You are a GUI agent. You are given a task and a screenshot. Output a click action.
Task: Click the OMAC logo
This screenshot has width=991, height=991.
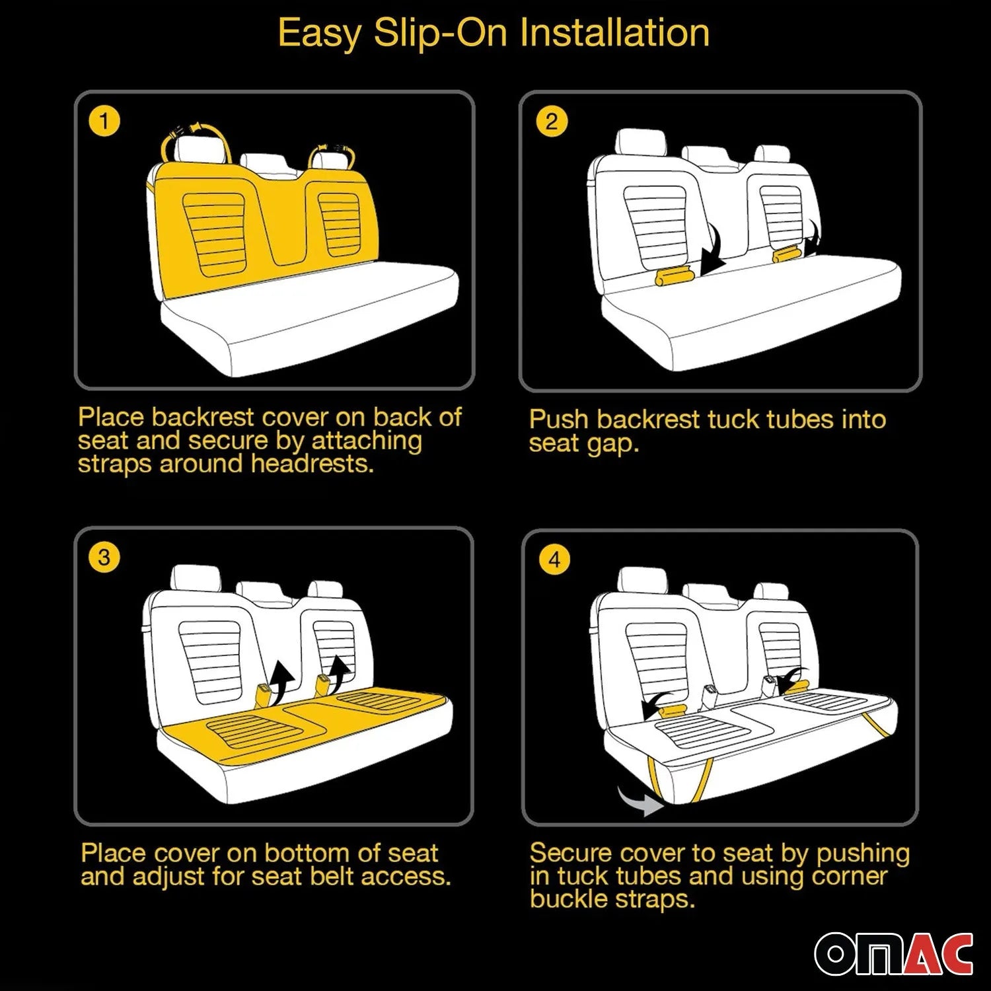tap(894, 953)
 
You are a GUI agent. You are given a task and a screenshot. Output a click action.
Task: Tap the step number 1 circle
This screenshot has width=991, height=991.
tap(104, 121)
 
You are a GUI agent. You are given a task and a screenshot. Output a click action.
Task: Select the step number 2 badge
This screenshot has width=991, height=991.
tap(552, 121)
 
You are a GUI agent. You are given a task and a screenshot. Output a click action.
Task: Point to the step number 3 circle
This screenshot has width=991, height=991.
tap(104, 558)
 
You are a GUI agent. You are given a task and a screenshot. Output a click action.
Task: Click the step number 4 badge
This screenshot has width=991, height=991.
tap(554, 560)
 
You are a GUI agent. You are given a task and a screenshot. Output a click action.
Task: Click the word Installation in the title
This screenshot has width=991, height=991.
tap(615, 32)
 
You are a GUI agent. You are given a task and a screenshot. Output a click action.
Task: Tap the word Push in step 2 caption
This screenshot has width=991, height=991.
tap(559, 420)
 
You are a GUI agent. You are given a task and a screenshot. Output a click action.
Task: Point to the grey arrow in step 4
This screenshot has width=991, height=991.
tap(641, 801)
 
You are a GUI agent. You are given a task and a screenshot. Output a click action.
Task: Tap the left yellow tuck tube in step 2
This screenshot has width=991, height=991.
tap(672, 275)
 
